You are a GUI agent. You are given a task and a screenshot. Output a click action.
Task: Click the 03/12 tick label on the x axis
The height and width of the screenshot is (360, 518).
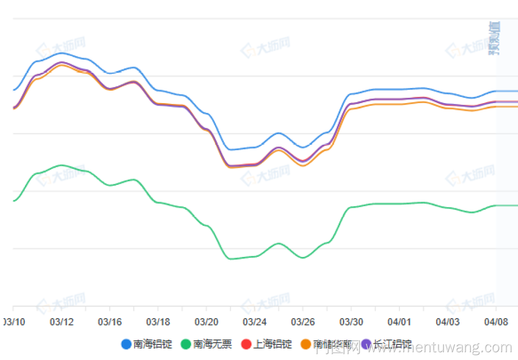62,322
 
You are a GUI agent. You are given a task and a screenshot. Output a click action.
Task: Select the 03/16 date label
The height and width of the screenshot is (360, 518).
110,322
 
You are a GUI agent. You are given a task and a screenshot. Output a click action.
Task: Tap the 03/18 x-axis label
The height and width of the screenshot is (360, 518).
158,322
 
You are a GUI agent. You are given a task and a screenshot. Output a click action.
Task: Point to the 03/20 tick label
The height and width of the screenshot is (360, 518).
206,322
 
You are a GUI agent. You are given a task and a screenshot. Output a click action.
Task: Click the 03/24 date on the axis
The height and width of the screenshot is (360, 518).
255,322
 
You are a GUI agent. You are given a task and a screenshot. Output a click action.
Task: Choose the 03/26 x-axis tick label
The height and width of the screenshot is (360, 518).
303,322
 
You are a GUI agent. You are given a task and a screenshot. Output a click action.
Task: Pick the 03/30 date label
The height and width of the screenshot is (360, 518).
351,322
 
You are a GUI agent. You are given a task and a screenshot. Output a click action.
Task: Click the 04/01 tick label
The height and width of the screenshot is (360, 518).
399,322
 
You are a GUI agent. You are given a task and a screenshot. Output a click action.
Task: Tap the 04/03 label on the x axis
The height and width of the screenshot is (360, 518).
448,322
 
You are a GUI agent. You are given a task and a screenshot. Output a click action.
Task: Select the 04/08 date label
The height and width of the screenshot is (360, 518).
496,322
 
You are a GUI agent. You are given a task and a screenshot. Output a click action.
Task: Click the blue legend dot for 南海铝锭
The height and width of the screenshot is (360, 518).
126,344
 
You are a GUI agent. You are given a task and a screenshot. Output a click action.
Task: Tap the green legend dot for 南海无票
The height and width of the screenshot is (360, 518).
186,344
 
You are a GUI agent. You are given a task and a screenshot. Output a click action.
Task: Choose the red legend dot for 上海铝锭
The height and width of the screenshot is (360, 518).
246,344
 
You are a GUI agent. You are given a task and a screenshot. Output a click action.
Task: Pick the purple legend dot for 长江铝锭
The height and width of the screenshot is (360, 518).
367,344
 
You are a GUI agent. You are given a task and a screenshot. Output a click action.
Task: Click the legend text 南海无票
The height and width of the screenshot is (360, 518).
212,344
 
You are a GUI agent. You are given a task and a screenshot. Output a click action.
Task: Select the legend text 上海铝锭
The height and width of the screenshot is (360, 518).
272,344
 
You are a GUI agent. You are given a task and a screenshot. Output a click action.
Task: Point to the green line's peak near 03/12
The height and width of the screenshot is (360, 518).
62,165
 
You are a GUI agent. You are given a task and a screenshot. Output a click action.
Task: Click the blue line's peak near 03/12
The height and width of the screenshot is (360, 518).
62,53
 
